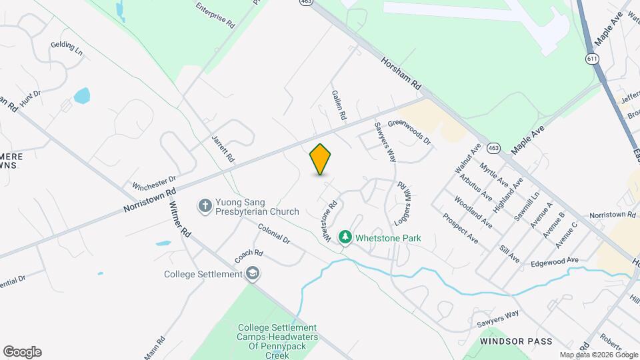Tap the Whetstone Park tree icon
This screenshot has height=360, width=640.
point(345,237)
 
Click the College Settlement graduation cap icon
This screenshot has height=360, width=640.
point(253,273)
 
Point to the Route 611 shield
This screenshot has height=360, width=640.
point(591,59)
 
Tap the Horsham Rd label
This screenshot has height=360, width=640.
point(401,73)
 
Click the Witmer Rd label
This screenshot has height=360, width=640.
point(180,219)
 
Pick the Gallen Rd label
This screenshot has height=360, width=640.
point(339,105)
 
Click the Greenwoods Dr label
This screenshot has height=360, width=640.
point(409,132)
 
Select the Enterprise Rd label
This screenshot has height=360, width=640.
point(216,14)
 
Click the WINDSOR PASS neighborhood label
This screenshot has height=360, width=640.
point(516,341)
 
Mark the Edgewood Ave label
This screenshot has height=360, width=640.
point(554,263)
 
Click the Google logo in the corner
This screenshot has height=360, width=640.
point(22,351)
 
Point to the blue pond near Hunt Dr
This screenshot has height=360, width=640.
point(81,96)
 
